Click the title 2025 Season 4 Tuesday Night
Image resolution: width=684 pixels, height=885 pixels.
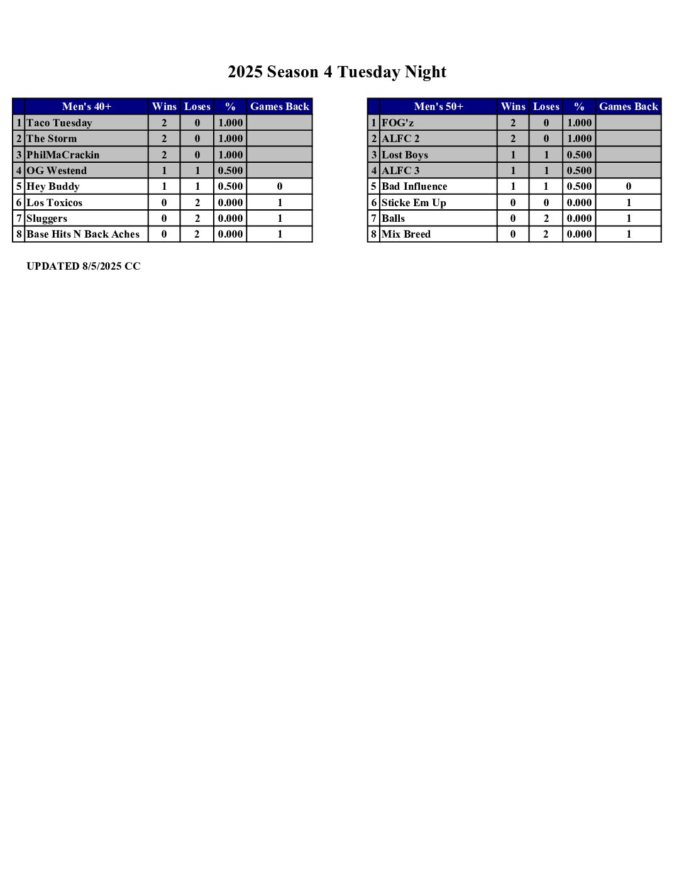[x=337, y=72]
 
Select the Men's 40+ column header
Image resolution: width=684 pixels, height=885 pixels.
[x=87, y=106]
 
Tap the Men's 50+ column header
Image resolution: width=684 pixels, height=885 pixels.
[x=438, y=106]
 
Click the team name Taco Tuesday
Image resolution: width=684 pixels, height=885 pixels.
[x=59, y=123]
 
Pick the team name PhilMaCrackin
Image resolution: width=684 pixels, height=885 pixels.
[x=63, y=155]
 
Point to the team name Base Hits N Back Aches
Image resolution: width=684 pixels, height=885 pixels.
[x=83, y=234]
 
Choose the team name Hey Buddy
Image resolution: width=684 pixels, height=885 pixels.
[x=53, y=186]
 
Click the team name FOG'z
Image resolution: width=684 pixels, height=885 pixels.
[x=397, y=123]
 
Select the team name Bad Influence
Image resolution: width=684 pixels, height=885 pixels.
[x=414, y=186]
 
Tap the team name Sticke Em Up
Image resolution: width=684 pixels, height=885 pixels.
[x=414, y=202]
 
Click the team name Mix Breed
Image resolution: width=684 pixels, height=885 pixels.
[x=406, y=234]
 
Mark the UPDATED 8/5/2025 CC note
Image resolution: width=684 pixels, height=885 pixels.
[x=84, y=266]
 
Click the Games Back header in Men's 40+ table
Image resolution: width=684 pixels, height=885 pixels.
[x=280, y=106]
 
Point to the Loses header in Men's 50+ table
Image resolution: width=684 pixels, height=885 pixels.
[x=546, y=106]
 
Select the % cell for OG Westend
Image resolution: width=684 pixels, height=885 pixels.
[x=230, y=170]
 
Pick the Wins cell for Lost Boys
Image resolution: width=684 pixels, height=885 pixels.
[x=513, y=155]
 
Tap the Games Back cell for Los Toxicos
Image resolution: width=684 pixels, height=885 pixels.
[x=280, y=202]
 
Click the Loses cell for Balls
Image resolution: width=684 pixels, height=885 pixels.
[x=546, y=218]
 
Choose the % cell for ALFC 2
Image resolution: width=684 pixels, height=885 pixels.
[x=579, y=138]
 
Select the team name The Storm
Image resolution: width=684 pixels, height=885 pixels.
[x=52, y=138]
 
